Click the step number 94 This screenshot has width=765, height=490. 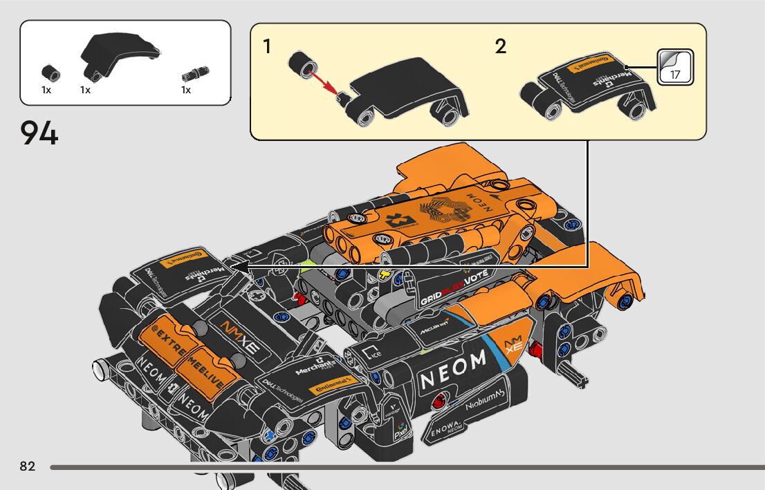click(x=39, y=133)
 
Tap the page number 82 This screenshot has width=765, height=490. click(x=28, y=467)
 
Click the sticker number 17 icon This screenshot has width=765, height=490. click(x=674, y=67)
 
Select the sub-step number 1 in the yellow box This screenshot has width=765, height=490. click(x=267, y=48)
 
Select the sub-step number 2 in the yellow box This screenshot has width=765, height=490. click(x=501, y=47)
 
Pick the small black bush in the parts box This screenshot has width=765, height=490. click(x=50, y=71)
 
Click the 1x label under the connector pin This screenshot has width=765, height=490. click(x=186, y=90)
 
